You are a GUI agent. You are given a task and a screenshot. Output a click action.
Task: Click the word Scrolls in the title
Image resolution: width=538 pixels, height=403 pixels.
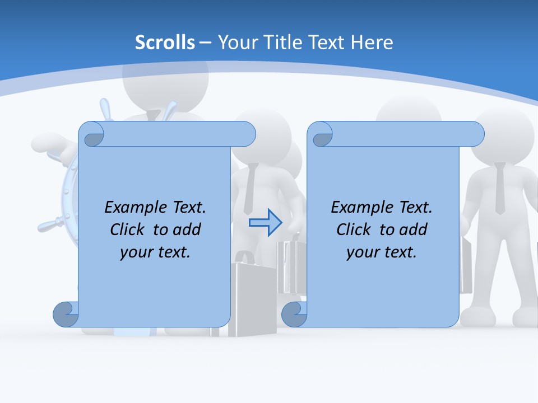(x=165, y=43)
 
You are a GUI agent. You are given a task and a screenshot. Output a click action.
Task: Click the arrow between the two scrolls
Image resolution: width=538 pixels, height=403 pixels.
(x=265, y=223)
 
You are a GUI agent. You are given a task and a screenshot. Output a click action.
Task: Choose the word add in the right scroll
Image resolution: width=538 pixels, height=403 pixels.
(x=413, y=229)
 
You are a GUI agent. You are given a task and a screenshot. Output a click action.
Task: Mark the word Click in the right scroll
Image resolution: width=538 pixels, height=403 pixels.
(x=354, y=229)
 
